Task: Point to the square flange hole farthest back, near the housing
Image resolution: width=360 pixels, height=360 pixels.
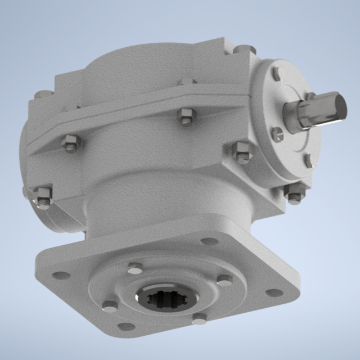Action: (x=209, y=241)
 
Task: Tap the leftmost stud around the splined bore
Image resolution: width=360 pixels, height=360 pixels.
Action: (x=110, y=307)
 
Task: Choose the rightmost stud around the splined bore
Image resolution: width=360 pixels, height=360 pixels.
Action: (x=224, y=280)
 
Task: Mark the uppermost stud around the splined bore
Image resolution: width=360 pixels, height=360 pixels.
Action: (x=135, y=268)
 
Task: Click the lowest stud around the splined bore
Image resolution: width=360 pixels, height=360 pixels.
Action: (x=200, y=319)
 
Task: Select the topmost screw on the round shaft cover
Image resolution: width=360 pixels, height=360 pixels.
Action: (x=277, y=74)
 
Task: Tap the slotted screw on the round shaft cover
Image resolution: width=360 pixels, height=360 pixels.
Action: (x=277, y=134)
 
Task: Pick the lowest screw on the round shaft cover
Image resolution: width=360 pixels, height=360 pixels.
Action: (x=308, y=161)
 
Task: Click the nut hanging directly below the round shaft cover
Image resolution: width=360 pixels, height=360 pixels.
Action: (x=295, y=192)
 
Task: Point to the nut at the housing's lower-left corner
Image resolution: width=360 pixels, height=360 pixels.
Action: (x=43, y=196)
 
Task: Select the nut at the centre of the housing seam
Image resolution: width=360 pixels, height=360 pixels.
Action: (x=186, y=117)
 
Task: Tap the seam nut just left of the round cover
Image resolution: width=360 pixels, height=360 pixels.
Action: (x=242, y=152)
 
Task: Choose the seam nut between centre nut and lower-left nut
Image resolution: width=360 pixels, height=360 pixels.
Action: (x=70, y=143)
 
